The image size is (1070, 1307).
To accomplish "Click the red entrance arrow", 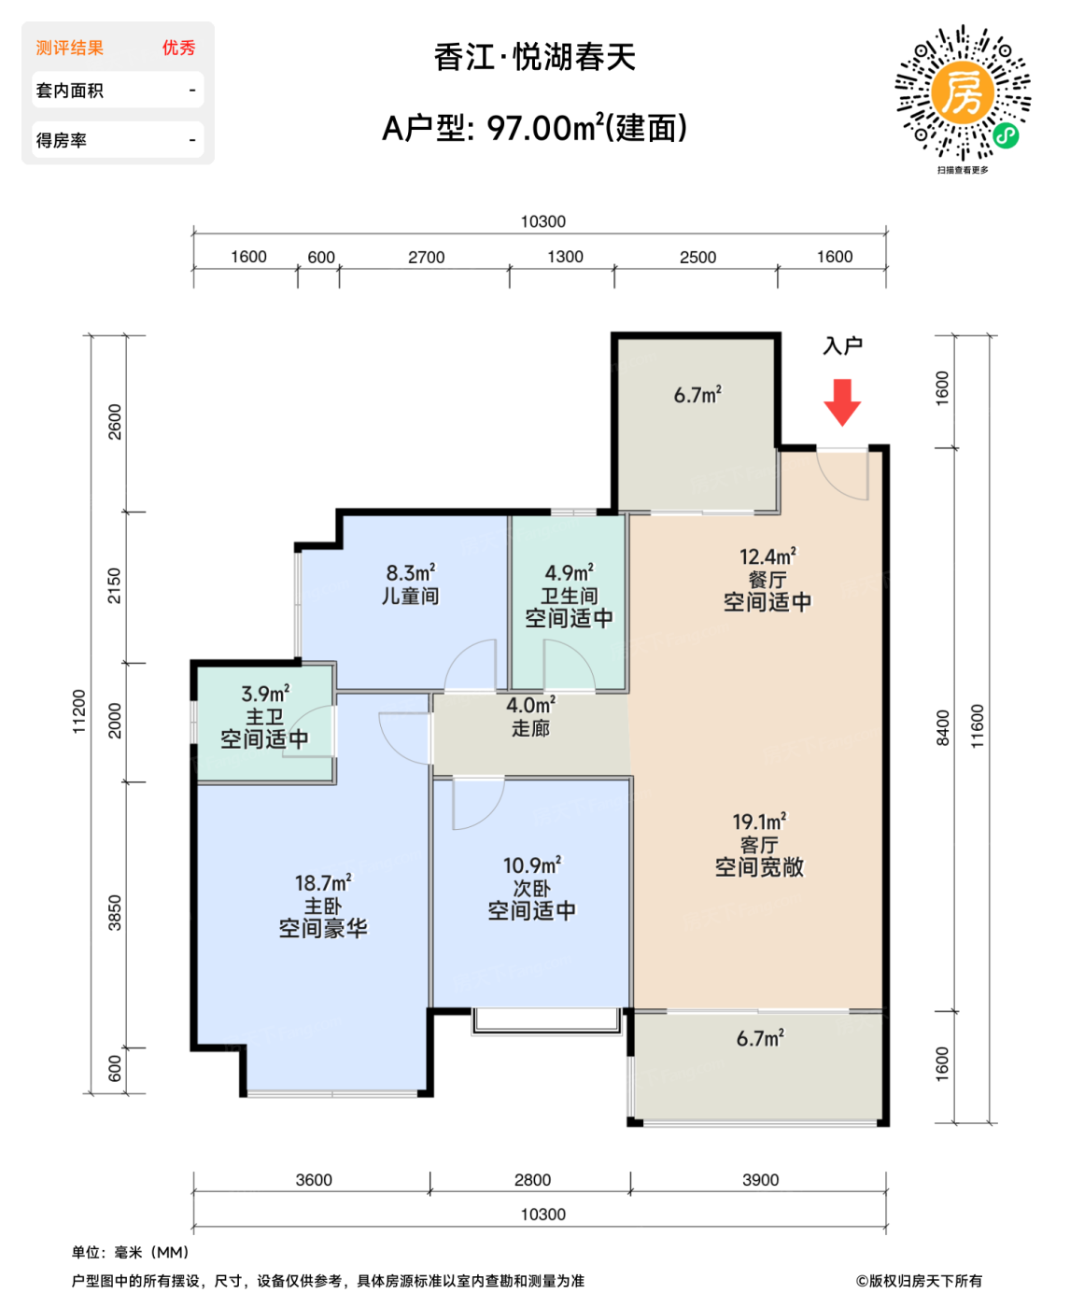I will (x=842, y=401).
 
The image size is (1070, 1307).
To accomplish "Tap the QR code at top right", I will (x=963, y=93).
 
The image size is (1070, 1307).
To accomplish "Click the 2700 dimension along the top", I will (x=426, y=258).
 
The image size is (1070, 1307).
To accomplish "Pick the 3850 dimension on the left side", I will (x=115, y=913).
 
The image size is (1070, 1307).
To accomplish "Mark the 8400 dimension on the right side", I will (x=943, y=728).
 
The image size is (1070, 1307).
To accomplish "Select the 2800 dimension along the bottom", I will (x=532, y=1180).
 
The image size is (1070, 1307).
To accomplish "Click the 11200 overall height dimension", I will (x=79, y=711).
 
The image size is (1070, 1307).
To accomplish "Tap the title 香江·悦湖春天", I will (x=535, y=58).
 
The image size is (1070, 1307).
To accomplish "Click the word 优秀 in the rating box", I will (x=178, y=48).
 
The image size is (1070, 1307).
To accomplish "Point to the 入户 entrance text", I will (x=842, y=346).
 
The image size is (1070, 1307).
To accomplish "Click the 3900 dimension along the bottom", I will (x=760, y=1180).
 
